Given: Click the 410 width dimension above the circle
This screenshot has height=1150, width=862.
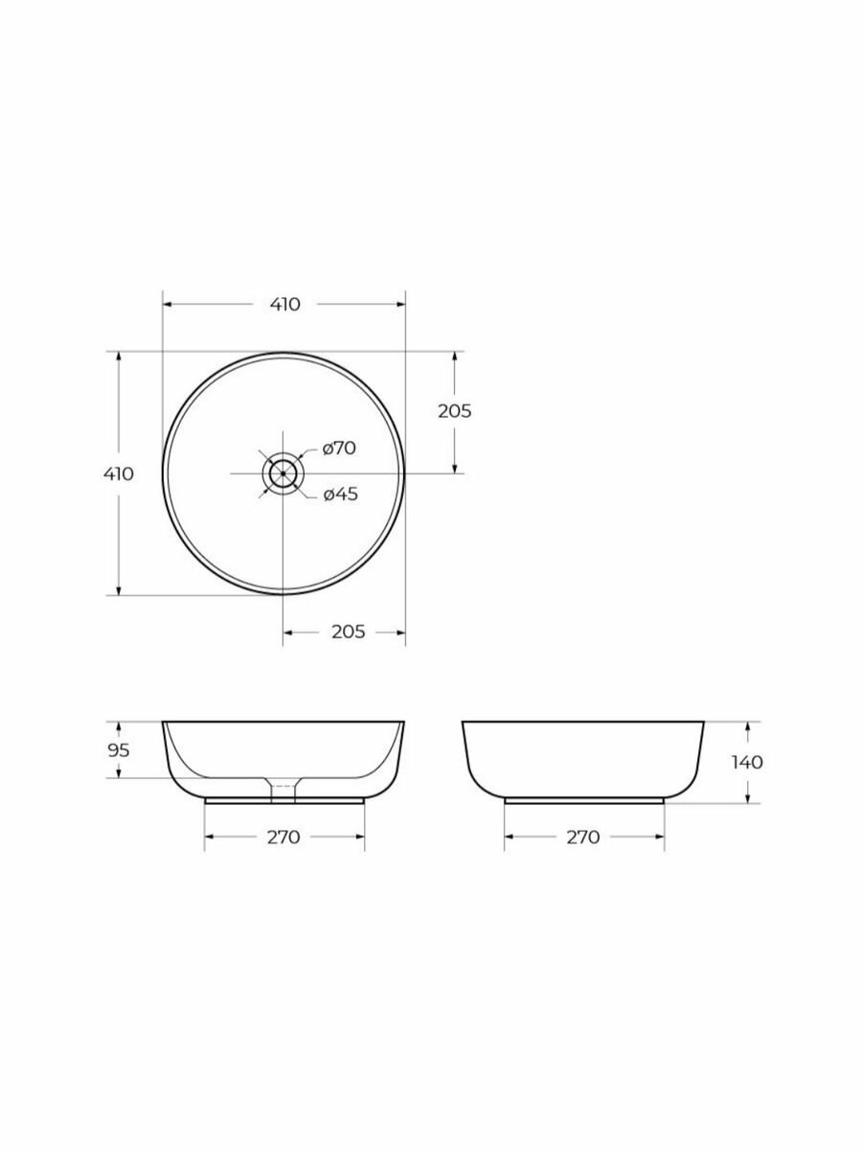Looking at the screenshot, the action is [285, 305].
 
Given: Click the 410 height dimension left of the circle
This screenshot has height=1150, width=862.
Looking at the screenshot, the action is [118, 473].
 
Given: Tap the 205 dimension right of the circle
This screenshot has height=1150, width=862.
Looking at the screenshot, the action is [454, 411].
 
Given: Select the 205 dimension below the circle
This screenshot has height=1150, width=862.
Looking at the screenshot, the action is [348, 632].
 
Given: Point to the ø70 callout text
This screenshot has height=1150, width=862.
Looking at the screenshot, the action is [339, 448].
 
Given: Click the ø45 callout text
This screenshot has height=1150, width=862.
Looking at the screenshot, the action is [341, 494].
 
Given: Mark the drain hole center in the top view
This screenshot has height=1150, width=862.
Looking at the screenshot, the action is [284, 473].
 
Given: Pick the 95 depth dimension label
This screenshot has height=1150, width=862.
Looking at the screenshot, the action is [118, 750].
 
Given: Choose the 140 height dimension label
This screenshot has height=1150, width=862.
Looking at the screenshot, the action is [747, 762].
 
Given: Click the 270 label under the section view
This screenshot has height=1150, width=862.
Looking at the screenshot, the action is [284, 838].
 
